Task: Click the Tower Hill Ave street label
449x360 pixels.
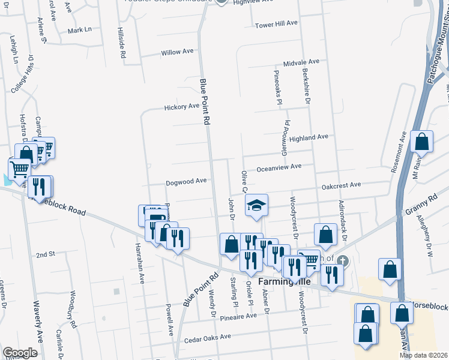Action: tap(276, 24)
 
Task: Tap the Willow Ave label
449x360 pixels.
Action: tap(177, 52)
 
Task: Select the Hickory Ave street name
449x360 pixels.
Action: tap(182, 107)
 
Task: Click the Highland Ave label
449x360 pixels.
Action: tap(309, 137)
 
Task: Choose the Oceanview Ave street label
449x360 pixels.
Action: tap(279, 167)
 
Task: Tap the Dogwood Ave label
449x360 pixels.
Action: tap(187, 181)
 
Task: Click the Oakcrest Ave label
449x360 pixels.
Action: tap(341, 185)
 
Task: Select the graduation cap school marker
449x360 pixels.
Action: tap(256, 206)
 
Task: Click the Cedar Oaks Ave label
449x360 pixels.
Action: tap(208, 337)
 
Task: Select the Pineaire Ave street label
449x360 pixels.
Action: tap(238, 316)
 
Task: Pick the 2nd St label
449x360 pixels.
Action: tap(45, 254)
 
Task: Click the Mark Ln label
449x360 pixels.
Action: tap(80, 30)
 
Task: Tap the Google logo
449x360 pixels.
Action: tap(20, 352)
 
